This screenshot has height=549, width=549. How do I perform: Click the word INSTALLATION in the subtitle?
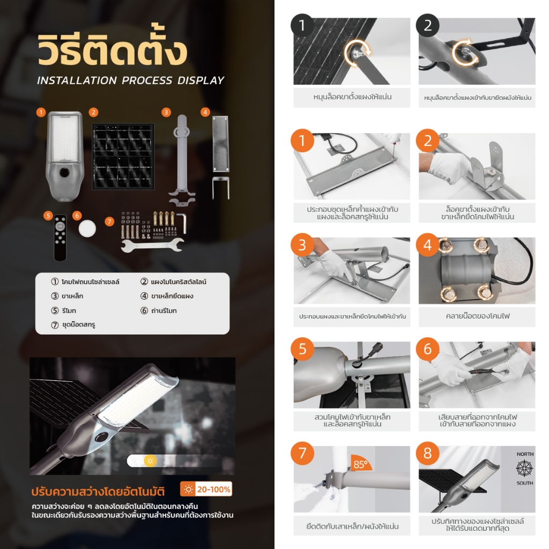pyautogui.click(x=77, y=80)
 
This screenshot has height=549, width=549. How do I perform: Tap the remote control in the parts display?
pyautogui.click(x=60, y=238)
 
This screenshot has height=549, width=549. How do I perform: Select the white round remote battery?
pyautogui.click(x=87, y=228)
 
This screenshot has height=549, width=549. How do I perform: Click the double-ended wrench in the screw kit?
pyautogui.click(x=152, y=244)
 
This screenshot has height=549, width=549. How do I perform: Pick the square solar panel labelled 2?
pyautogui.click(x=123, y=156)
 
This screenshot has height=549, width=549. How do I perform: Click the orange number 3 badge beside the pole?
pyautogui.click(x=166, y=113)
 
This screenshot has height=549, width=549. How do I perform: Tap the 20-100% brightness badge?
pyautogui.click(x=206, y=489)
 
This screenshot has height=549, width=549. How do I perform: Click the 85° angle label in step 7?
pyautogui.click(x=360, y=464)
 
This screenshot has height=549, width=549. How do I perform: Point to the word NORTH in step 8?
pyautogui.click(x=525, y=454)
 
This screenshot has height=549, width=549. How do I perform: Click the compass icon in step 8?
pyautogui.click(x=524, y=469)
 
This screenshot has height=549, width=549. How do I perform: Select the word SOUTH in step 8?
pyautogui.click(x=524, y=483)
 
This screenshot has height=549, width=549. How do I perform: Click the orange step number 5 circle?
pyautogui.click(x=302, y=349)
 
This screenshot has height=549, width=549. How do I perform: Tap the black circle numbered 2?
pyautogui.click(x=427, y=25)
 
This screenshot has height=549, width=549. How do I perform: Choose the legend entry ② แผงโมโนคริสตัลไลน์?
pyautogui.click(x=173, y=282)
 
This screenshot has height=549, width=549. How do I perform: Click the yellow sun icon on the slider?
pyautogui.click(x=150, y=461)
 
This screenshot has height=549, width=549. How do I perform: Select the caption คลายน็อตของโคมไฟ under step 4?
pyautogui.click(x=478, y=316)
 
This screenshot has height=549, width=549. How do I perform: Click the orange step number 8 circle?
pyautogui.click(x=427, y=453)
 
